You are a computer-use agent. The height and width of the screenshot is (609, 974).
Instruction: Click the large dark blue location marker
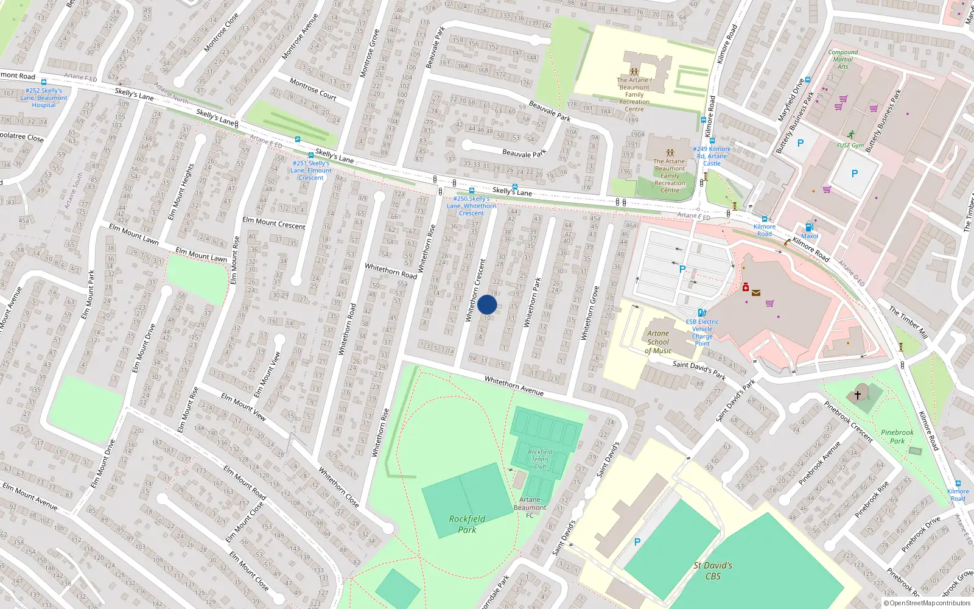[x=487, y=304]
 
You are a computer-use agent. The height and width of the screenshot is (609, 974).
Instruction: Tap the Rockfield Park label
[x=467, y=524]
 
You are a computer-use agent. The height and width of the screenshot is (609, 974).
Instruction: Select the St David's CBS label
[x=713, y=571]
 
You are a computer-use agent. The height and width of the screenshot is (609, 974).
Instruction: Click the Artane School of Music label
[x=658, y=342]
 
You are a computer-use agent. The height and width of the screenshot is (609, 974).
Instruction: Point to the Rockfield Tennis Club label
[x=540, y=459]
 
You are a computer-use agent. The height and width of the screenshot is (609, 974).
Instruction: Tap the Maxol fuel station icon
[x=809, y=228]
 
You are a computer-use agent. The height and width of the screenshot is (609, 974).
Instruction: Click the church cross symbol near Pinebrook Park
[x=858, y=395]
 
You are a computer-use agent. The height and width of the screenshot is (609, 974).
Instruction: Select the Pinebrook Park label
[x=897, y=437]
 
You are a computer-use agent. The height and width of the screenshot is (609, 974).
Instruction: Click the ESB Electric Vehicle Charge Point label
[x=702, y=333]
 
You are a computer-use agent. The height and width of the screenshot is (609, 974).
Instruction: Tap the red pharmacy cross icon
[x=745, y=287]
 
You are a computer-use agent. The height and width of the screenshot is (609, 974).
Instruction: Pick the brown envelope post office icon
[x=756, y=293]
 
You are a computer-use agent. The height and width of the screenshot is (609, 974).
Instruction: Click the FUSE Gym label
[x=850, y=146]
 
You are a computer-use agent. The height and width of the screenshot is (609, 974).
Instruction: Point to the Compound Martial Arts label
[x=843, y=59]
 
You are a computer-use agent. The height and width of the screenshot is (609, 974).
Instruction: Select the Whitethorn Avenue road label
[x=514, y=385]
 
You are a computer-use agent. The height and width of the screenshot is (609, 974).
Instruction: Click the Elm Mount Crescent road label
[x=274, y=223]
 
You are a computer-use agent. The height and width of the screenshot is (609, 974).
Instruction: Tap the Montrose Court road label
[x=313, y=89]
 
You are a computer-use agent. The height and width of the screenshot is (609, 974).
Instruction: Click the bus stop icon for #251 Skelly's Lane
[x=311, y=156]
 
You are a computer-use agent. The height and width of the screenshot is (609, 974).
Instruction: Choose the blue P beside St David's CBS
[x=637, y=542]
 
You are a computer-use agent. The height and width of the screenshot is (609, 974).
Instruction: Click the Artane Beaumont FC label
[x=530, y=507]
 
